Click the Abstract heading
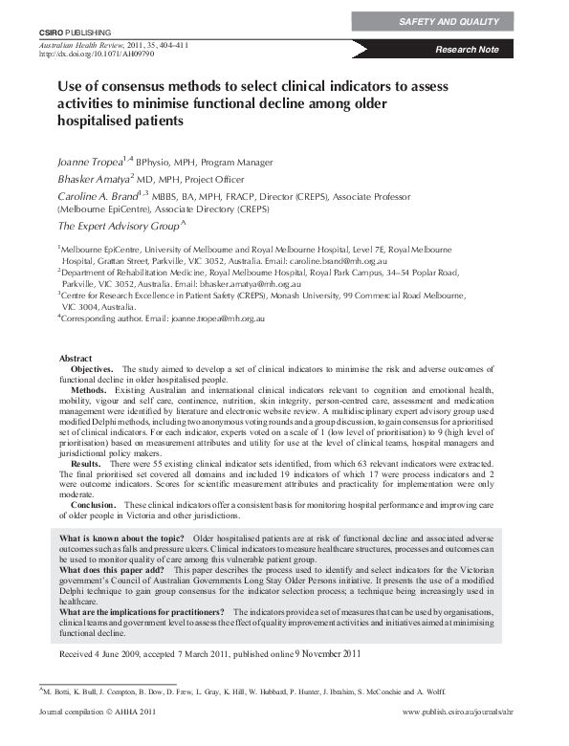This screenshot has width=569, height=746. (x=76, y=359)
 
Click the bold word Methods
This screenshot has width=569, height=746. (x=89, y=390)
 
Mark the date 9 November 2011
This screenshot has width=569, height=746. (x=328, y=654)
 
